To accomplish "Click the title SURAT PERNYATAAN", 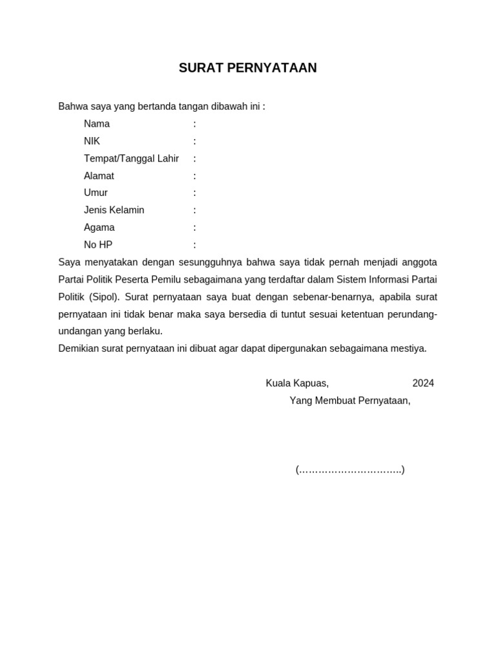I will pyautogui.click(x=247, y=68).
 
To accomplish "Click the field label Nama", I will pyautogui.click(x=97, y=123).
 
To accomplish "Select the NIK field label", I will pyautogui.click(x=92, y=141).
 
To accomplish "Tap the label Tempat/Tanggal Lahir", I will pyautogui.click(x=131, y=158).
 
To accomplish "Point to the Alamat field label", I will pyautogui.click(x=99, y=176).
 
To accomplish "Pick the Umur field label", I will pyautogui.click(x=96, y=193).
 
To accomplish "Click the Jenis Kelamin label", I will pyautogui.click(x=114, y=210).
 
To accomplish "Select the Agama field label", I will pyautogui.click(x=99, y=228).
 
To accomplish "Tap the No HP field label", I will pyautogui.click(x=98, y=245).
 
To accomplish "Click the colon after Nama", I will pyautogui.click(x=194, y=124).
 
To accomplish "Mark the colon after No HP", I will pyautogui.click(x=194, y=245).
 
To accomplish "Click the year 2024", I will pyautogui.click(x=423, y=383).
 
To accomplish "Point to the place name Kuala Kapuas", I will pyautogui.click(x=296, y=383).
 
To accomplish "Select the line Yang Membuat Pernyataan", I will pyautogui.click(x=349, y=400).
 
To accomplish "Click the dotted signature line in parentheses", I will pyautogui.click(x=350, y=470).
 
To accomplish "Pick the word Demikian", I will pyautogui.click(x=79, y=348).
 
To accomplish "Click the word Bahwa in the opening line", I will pyautogui.click(x=72, y=106).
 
